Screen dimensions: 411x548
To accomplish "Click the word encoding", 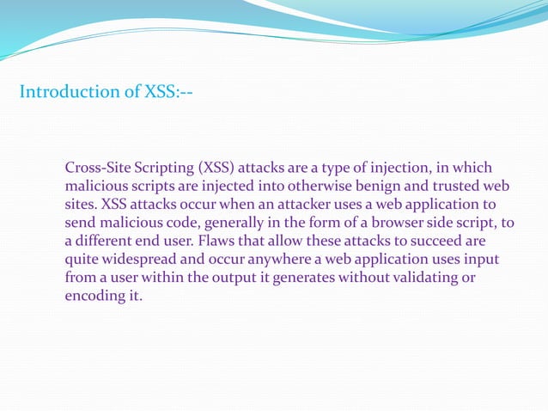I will click(x=97, y=298).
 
